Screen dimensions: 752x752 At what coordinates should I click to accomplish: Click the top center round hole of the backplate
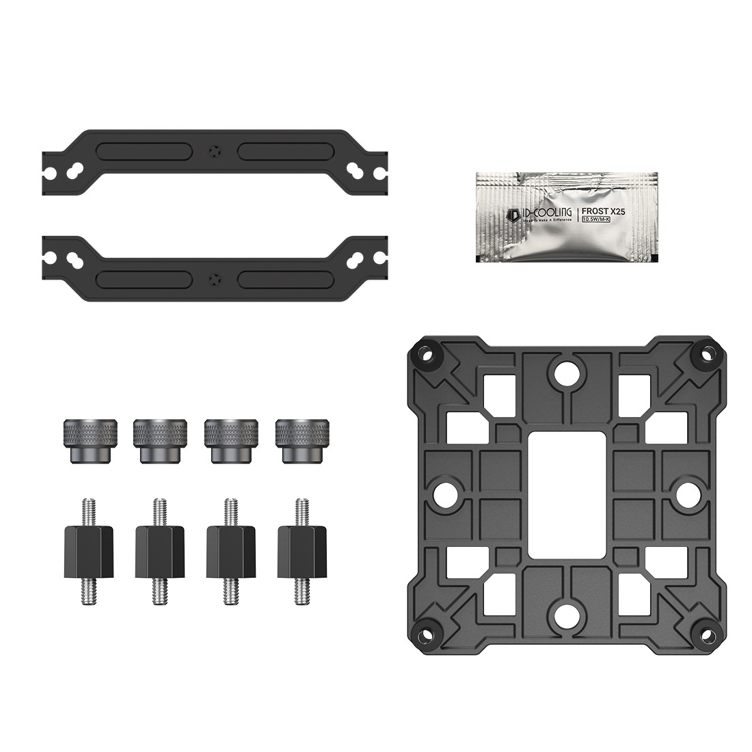[x=565, y=373]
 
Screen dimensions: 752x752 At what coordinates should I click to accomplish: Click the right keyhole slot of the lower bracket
[x=356, y=259]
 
